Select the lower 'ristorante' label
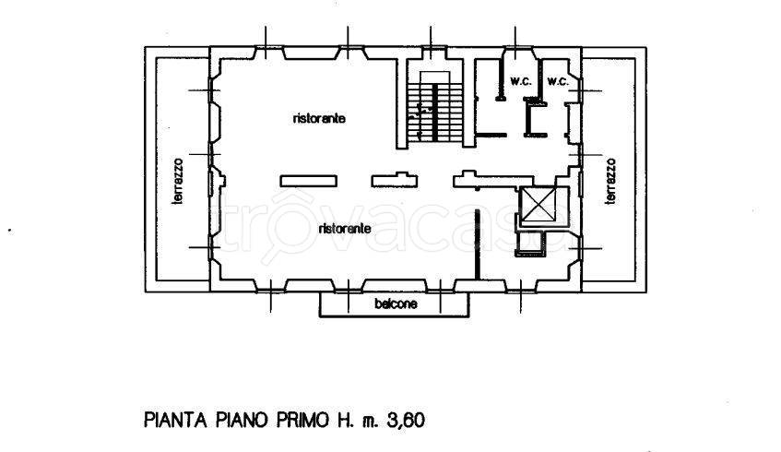coord(345,228)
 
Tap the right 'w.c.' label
coord(556,81)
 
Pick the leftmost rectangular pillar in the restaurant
coord(308,179)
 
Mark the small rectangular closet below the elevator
coord(531,244)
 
